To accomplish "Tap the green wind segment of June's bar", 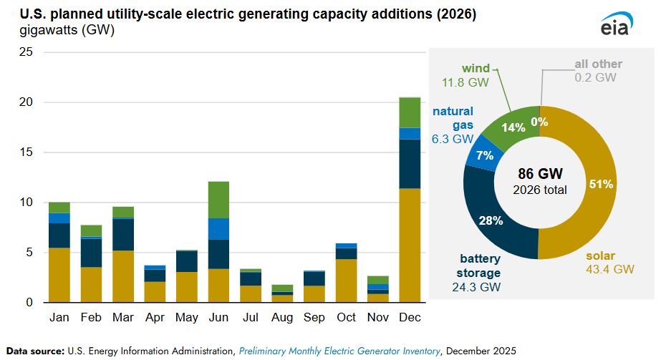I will pos(218,200).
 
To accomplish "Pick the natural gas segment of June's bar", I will pos(218,229).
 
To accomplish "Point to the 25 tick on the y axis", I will pos(26,52).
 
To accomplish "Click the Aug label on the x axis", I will pos(282,317).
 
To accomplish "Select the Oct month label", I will pos(346,317).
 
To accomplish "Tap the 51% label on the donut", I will pos(600,184).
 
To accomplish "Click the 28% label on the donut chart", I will pos(491,220).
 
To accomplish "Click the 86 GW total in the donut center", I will pos(539,174).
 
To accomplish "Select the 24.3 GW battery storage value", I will pos(477,286).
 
